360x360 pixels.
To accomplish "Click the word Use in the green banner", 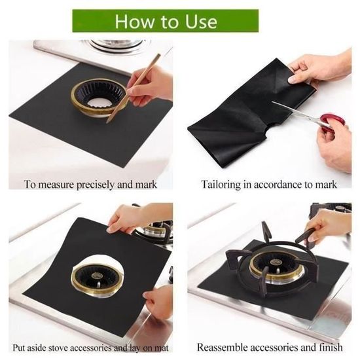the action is tap(201, 22).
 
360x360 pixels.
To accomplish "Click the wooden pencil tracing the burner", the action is tap(133, 88).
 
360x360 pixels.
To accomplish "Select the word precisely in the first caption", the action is tap(96, 185).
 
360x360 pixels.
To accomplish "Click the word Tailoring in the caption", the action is tap(221, 185).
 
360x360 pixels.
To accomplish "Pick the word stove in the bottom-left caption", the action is tap(60, 348).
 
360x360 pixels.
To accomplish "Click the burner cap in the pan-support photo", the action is tap(274, 262).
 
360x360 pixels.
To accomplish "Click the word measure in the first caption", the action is tap(56, 185).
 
